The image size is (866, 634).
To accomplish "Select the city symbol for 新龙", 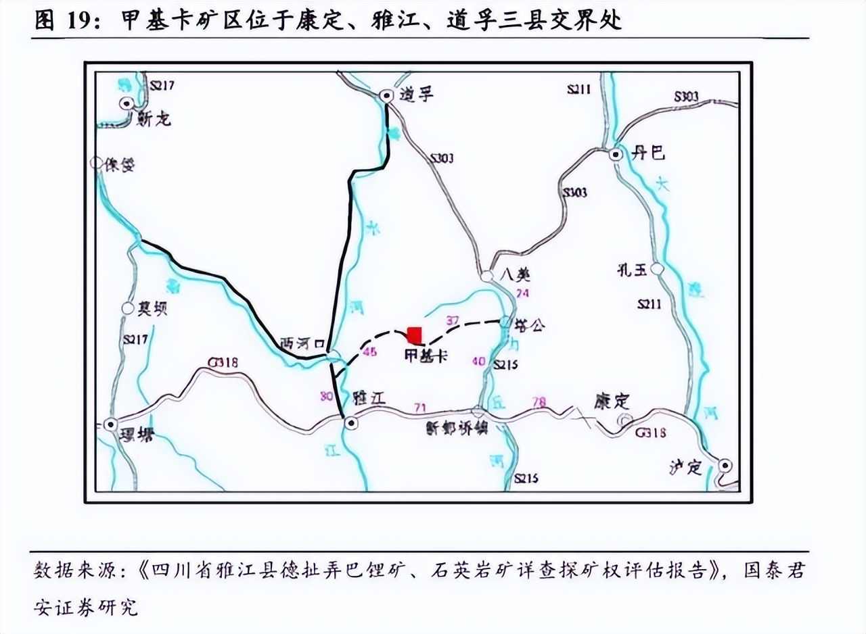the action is pyautogui.click(x=127, y=103).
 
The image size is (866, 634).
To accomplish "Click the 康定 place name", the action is pyautogui.click(x=612, y=401).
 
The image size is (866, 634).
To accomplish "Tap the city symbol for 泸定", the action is pyautogui.click(x=725, y=465).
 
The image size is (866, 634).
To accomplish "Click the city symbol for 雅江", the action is pyautogui.click(x=350, y=423).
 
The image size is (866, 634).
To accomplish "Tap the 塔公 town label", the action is pyautogui.click(x=529, y=326).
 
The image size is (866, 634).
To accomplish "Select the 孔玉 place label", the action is pyautogui.click(x=632, y=271).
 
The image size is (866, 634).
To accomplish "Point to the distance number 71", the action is pyautogui.click(x=421, y=407).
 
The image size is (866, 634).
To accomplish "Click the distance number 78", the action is pyautogui.click(x=539, y=402).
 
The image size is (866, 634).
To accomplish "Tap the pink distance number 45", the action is pyautogui.click(x=369, y=351).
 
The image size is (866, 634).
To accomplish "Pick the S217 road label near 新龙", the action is pyautogui.click(x=162, y=85).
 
